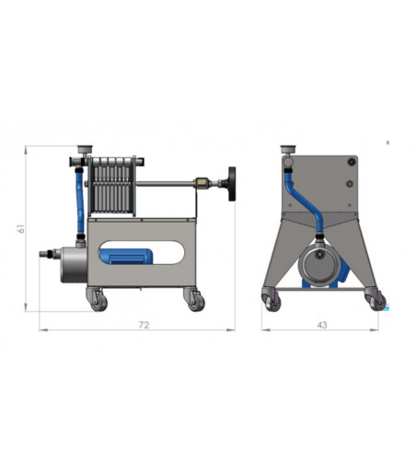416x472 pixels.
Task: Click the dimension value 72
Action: tap(144, 325)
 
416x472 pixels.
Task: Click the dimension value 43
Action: tap(322, 325)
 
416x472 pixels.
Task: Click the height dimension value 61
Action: tap(21, 228)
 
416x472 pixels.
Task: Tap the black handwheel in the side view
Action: tap(232, 184)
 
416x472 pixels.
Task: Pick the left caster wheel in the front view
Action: tap(272, 301)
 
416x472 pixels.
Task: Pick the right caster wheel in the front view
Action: tap(376, 301)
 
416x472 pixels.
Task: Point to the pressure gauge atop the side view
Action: tap(85, 150)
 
